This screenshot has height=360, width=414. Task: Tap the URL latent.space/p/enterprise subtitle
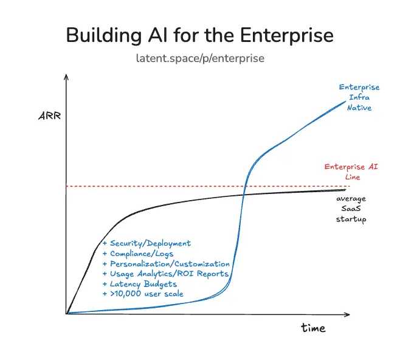click(x=201, y=58)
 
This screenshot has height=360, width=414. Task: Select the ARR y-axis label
click(x=49, y=116)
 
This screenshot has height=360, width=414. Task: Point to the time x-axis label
click(x=313, y=328)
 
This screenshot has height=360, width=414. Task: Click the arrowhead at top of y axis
click(x=66, y=77)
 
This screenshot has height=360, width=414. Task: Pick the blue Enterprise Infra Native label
click(x=359, y=97)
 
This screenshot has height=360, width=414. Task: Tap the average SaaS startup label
click(x=351, y=209)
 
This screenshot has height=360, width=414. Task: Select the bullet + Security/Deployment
click(x=147, y=243)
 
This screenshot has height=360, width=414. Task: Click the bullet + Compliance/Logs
click(x=138, y=254)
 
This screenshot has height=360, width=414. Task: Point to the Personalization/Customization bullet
click(x=166, y=264)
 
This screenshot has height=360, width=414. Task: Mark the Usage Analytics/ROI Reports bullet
click(x=165, y=274)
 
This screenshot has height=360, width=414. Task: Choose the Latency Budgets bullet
click(x=139, y=284)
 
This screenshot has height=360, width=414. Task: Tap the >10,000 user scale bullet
click(x=143, y=294)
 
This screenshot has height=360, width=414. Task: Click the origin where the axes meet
click(x=66, y=314)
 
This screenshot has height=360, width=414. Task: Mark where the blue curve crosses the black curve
click(x=244, y=194)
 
